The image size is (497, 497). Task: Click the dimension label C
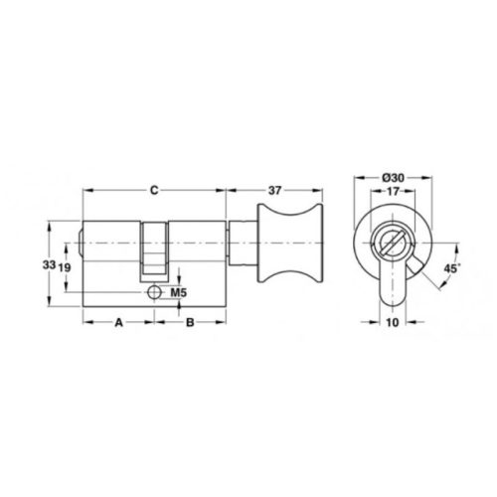[x=154, y=191]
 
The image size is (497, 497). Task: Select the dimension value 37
[x=274, y=191]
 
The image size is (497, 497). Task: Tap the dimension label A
[x=118, y=322]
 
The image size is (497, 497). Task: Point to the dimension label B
[x=190, y=322]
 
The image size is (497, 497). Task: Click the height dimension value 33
[x=49, y=264]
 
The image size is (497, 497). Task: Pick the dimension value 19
[x=65, y=267]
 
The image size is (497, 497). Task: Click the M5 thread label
[x=179, y=292]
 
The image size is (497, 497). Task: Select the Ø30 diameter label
[x=393, y=178]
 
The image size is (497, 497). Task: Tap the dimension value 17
[x=393, y=191]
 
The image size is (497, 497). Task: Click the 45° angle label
[x=452, y=268]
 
